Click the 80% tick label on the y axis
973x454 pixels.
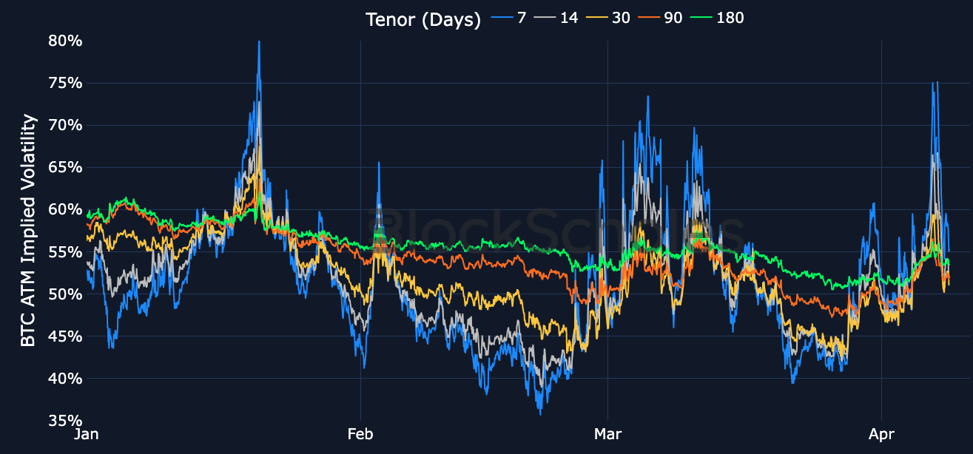[65, 40]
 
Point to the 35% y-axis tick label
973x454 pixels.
[65, 421]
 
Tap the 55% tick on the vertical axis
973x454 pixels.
[65, 251]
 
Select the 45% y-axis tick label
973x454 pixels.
[65, 336]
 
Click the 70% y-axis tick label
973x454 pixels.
[65, 125]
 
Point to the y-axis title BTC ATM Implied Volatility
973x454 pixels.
[28, 230]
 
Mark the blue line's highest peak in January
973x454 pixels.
[259, 42]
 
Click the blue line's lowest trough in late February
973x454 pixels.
[540, 413]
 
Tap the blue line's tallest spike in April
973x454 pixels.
[937, 82]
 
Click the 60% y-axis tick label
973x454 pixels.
[65, 209]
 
